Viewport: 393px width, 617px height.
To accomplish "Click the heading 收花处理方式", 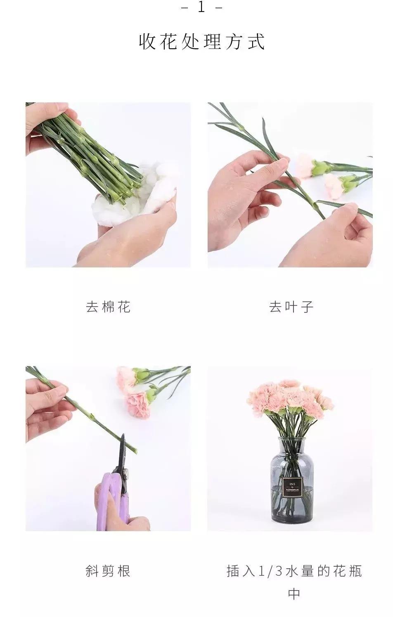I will [201, 42].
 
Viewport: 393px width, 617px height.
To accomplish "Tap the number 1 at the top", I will [201, 7].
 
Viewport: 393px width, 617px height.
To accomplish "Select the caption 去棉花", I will [108, 307].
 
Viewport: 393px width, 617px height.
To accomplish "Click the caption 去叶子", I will [291, 307].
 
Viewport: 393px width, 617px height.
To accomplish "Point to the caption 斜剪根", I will [108, 571].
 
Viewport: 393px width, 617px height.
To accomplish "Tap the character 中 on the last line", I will [294, 594].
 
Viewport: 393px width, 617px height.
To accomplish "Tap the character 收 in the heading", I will [147, 42].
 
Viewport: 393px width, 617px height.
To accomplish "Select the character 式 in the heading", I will [256, 42].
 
